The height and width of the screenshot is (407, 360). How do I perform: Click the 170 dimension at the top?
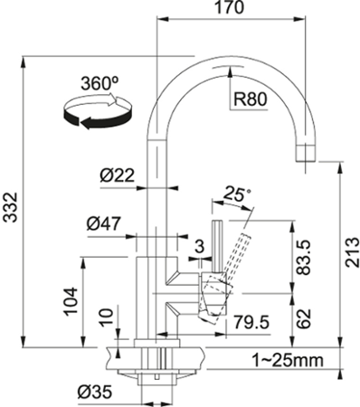[230, 7]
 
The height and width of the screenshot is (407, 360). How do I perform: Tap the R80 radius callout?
[251, 99]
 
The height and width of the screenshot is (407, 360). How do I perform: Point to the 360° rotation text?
[99, 83]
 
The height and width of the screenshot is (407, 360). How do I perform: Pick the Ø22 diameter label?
[117, 175]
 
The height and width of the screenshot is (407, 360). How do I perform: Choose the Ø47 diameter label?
[103, 223]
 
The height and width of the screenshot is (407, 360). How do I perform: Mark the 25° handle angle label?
[237, 194]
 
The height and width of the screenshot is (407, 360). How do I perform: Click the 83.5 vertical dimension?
[303, 258]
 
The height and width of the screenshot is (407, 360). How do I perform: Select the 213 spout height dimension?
[352, 252]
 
